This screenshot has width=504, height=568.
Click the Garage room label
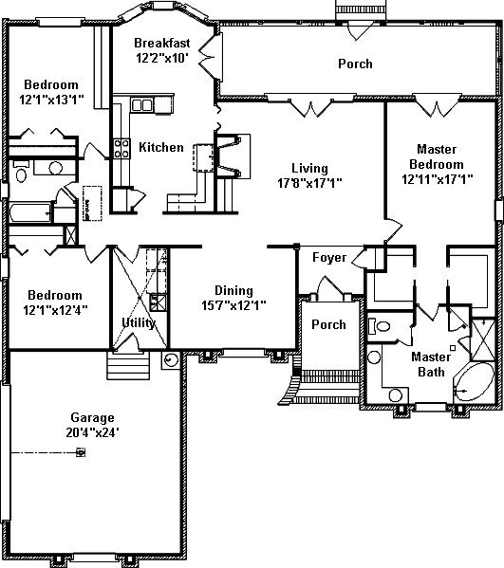coord(92,417)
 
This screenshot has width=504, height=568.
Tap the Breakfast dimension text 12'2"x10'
coord(162,58)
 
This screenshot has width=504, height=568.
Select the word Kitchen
coord(161,147)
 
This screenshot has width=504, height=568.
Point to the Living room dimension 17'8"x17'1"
coord(309,183)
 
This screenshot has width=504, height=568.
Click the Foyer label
coord(329,258)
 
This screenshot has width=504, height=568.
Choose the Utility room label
coord(139,322)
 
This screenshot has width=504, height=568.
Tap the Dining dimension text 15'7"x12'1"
coord(233,305)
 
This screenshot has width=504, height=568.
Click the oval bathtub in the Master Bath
coord(475,382)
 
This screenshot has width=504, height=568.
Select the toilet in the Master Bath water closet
coord(380,326)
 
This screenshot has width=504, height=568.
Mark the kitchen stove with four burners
coord(121,149)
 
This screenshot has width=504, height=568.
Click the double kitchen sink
coord(141,105)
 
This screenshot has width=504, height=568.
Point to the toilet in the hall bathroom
coord(21,173)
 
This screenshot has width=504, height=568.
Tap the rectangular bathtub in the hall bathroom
coord(30,212)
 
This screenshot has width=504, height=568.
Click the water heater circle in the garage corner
coord(171,360)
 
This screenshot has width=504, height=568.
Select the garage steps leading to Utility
coord(128,365)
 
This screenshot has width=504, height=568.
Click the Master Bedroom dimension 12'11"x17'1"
coord(438,179)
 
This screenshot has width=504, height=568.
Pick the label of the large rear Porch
coord(355,64)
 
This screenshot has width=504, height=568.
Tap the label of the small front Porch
coord(328,324)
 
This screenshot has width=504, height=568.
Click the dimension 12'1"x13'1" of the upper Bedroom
coord(52,100)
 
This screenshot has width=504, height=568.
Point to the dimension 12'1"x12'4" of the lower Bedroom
coord(55,310)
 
